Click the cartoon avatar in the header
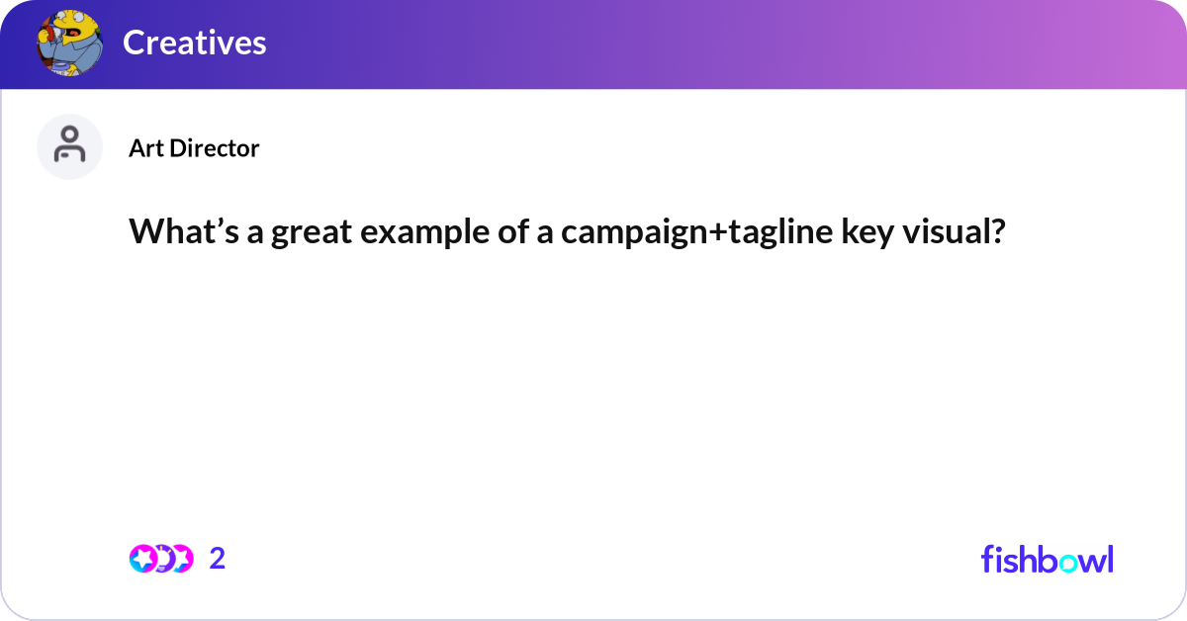[69, 43]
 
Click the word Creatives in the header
[194, 43]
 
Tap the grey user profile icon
[69, 146]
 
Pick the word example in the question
[404, 232]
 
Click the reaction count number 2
[218, 559]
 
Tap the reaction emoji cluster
[160, 559]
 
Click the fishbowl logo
[1047, 559]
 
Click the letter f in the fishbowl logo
[987, 559]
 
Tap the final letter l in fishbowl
[1109, 559]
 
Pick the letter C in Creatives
[134, 43]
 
